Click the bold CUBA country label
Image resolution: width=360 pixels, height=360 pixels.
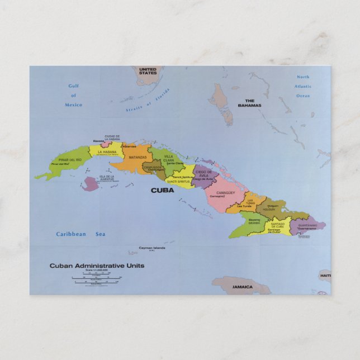click(162, 190)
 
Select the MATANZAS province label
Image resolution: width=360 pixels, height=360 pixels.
click(138, 158)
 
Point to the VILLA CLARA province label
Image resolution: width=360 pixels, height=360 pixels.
click(169, 159)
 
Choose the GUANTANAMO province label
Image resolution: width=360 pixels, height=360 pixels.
click(307, 225)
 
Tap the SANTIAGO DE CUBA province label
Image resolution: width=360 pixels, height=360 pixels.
click(277, 225)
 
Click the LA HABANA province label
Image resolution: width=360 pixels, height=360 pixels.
click(106, 151)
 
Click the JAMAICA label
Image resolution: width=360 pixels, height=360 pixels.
click(243, 287)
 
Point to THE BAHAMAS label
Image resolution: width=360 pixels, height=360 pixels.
click(249, 103)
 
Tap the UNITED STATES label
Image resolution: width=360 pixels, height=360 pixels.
click(148, 70)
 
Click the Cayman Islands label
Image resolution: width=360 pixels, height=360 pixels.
click(152, 248)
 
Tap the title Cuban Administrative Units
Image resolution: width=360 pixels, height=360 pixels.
click(97, 266)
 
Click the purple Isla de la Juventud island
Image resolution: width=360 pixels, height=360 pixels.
click(89, 184)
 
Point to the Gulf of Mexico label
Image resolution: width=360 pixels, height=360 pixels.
click(73, 96)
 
